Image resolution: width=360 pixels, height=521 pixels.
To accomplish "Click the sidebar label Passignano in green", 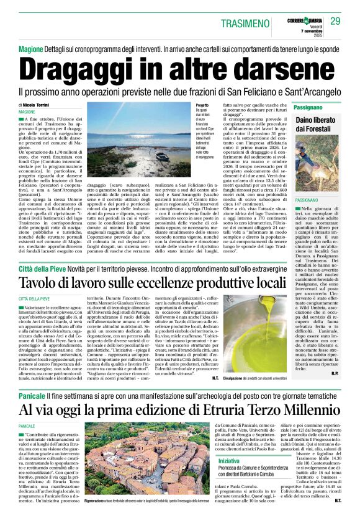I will pyautogui.click(x=294, y=107).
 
